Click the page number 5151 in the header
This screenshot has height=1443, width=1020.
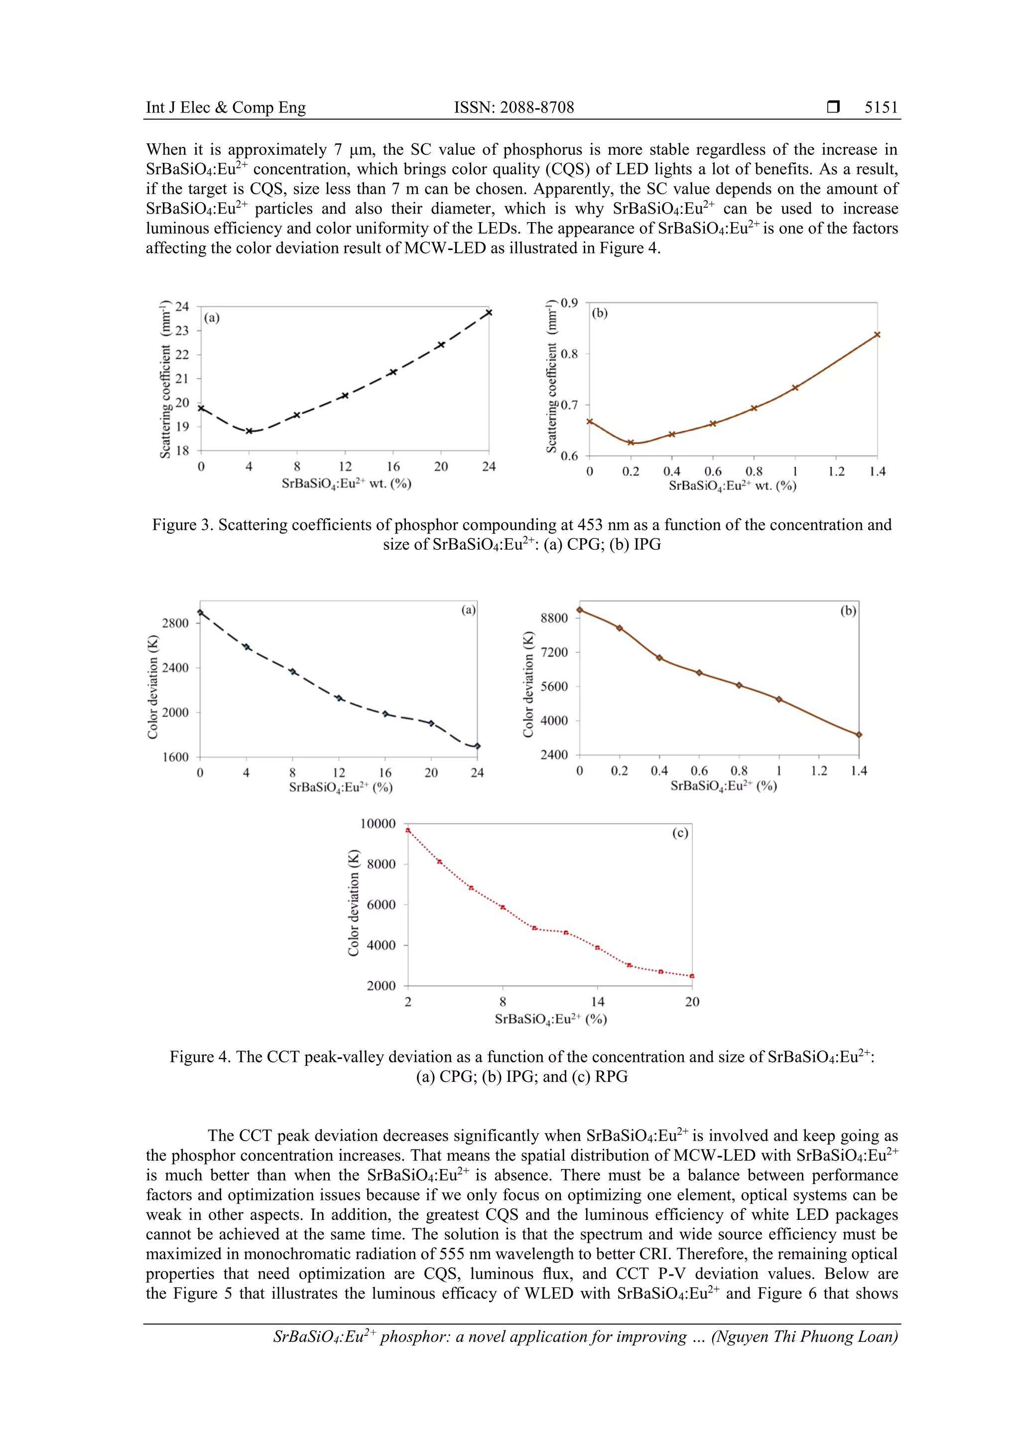point(881,108)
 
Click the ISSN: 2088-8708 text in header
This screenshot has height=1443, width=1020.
point(513,108)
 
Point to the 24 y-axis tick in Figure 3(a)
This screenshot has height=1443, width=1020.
point(182,307)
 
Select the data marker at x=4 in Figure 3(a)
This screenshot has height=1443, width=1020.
point(249,431)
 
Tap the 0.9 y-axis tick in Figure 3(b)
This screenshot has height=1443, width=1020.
point(569,303)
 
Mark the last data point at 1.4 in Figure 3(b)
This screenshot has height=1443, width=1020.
point(877,334)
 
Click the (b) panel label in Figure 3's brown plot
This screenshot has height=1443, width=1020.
point(600,313)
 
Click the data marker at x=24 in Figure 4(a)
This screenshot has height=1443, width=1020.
point(477,746)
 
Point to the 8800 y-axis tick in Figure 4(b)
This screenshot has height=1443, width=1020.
point(554,618)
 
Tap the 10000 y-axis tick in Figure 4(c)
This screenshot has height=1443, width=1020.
point(377,823)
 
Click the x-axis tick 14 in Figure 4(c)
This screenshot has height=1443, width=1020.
point(597,1002)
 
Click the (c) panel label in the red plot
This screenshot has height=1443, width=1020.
point(680,833)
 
